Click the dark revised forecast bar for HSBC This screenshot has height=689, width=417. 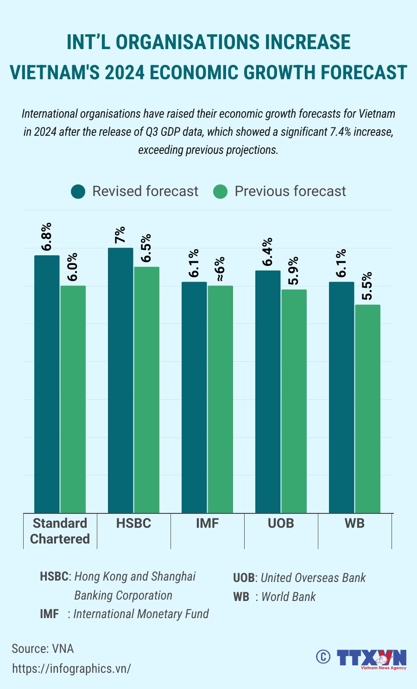(x=120, y=380)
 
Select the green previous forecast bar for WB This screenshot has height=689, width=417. (x=367, y=408)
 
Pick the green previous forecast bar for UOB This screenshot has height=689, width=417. (x=294, y=401)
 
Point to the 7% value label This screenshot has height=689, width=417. (x=120, y=235)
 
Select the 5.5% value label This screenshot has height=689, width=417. (x=366, y=286)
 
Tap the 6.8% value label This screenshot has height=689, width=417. (x=46, y=237)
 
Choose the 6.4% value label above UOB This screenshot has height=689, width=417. (x=267, y=252)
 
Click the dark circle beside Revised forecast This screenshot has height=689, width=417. (x=78, y=191)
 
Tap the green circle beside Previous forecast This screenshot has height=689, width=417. (x=221, y=191)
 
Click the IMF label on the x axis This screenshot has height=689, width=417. (x=207, y=523)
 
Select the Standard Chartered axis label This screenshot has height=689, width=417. (x=60, y=531)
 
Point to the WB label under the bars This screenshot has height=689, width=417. (x=354, y=523)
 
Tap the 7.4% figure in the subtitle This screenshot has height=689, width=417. (x=340, y=132)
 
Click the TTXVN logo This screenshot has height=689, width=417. (x=371, y=658)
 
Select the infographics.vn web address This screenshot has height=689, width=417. (x=71, y=669)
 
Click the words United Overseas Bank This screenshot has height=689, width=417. (x=313, y=578)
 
